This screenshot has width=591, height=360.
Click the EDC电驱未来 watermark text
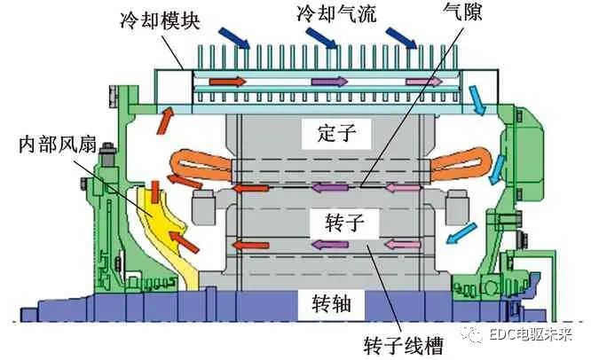pyautogui.click(x=536, y=336)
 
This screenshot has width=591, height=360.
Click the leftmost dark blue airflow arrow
pyautogui.click(x=237, y=35)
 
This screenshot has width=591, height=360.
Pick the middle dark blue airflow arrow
pyautogui.click(x=319, y=38)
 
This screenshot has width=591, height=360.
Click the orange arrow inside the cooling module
pyautogui.click(x=225, y=82)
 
